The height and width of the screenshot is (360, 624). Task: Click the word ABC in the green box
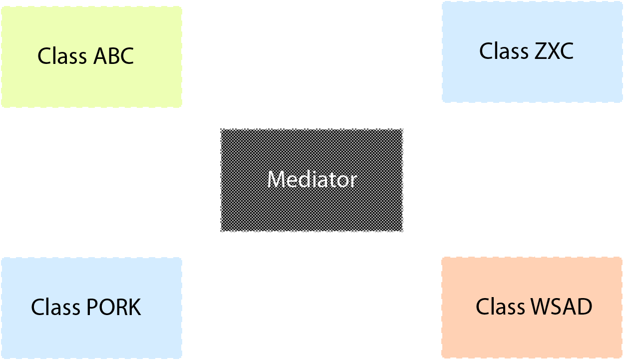114,56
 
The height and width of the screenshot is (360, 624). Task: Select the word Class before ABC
62,55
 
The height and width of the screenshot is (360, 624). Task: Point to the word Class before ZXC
504,51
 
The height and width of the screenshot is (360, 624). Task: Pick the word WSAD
562,307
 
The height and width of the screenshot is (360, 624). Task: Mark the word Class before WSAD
500,306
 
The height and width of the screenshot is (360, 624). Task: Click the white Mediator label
312,179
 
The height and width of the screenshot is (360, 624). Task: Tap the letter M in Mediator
276,180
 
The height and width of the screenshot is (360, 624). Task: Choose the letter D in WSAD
585,307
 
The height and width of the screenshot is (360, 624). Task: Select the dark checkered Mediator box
312,180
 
